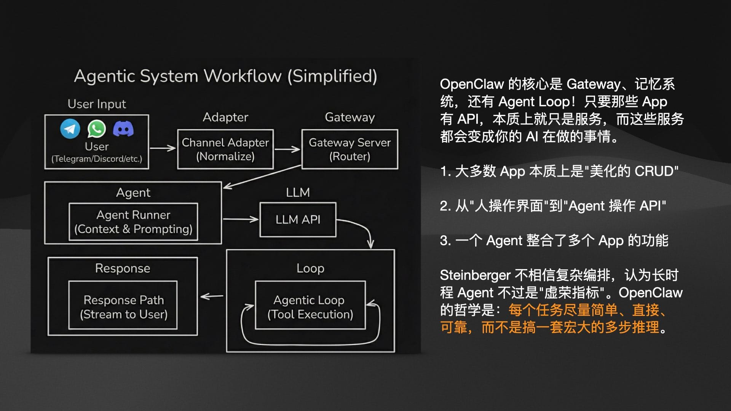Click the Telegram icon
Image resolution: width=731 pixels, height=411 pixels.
(x=70, y=129)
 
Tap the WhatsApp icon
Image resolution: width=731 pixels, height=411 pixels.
(x=97, y=129)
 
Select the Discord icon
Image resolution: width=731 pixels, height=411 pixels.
(x=123, y=129)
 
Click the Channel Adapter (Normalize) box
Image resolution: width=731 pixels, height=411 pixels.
(x=225, y=149)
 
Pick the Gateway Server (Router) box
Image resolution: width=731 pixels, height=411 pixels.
(x=350, y=149)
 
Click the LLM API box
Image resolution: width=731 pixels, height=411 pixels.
(x=298, y=220)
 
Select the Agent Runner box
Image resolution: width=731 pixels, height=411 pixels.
(x=133, y=222)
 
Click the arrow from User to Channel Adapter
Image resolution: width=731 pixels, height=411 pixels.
(x=163, y=148)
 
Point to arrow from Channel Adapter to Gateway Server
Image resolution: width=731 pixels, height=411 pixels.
(x=287, y=149)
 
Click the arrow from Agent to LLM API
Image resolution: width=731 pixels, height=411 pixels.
(x=241, y=219)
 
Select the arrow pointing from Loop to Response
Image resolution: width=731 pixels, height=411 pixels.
(x=212, y=296)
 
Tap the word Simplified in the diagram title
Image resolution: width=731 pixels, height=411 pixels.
(x=332, y=76)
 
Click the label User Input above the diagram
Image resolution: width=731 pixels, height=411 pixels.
(x=97, y=104)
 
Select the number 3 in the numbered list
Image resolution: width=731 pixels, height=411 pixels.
(x=444, y=241)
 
